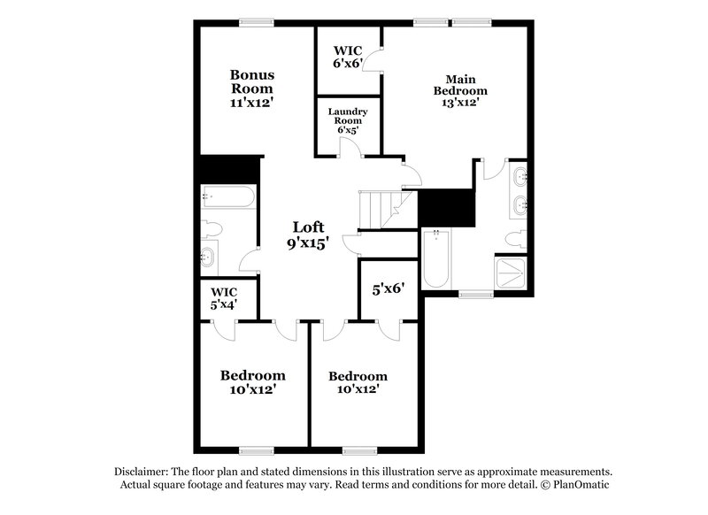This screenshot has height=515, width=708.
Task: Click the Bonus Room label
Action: (x=252, y=88)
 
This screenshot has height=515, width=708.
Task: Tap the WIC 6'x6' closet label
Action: (x=348, y=57)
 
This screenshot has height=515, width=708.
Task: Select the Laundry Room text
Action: (x=348, y=119)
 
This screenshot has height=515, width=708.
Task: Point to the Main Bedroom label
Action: (x=459, y=90)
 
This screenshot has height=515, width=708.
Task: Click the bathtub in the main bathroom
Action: (x=436, y=258)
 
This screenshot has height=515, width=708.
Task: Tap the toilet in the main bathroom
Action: (x=516, y=239)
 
